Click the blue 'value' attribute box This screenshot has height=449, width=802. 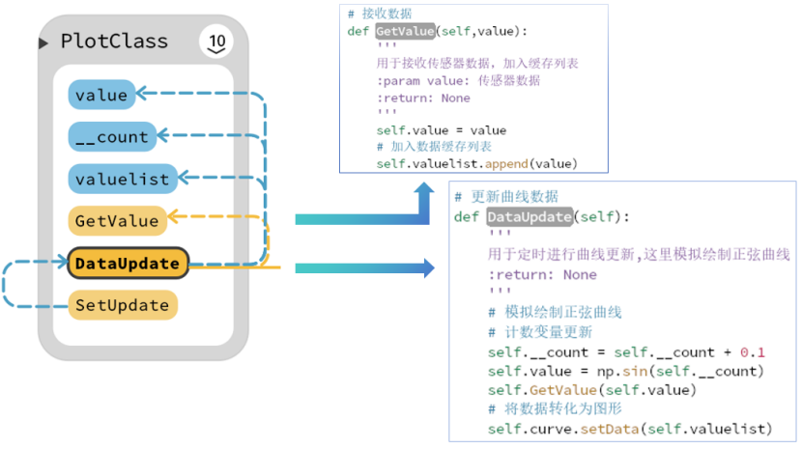coord(100,95)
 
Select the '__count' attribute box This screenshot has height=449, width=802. coord(108,137)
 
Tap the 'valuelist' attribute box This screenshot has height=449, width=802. coord(122,179)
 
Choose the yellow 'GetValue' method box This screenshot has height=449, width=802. coord(116,221)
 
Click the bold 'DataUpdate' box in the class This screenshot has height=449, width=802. coord(127,263)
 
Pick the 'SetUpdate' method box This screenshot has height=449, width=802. coord(122,305)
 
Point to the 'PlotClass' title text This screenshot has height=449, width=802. coord(114,42)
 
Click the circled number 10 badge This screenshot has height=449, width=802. coord(215,42)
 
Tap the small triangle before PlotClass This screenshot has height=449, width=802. coord(43,43)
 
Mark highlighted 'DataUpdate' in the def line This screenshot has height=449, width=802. coord(529,216)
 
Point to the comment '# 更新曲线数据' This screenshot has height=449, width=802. coord(505,196)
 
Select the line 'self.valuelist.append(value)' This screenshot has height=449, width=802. coord(477,164)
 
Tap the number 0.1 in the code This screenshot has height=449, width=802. coord(753,352)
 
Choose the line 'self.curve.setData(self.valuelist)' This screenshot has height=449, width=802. coord(629,429)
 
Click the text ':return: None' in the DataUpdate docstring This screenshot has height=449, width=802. coord(542,274)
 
